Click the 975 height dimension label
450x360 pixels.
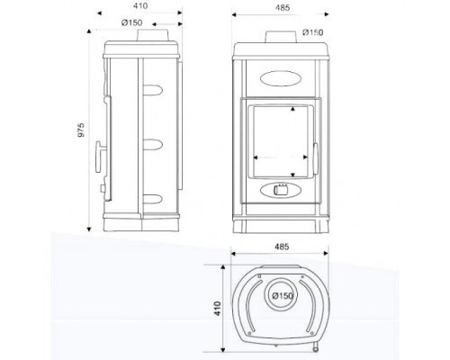click(x=81, y=130)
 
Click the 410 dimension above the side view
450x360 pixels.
click(x=140, y=5)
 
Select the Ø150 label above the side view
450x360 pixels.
click(x=132, y=22)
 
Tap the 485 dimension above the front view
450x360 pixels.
click(x=283, y=8)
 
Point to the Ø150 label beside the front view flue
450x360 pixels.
click(x=313, y=32)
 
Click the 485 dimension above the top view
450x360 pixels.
click(x=282, y=247)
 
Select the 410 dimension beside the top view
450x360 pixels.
click(x=218, y=309)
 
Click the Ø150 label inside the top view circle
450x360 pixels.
click(x=283, y=296)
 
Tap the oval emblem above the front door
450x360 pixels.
click(x=281, y=78)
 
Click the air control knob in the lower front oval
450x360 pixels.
click(x=281, y=190)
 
